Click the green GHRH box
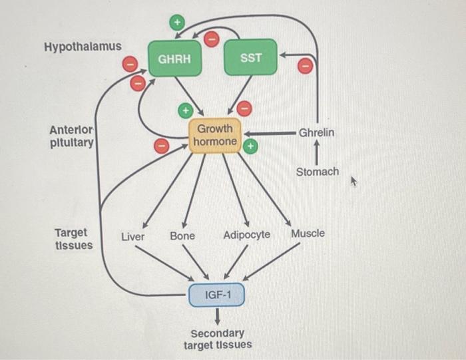(x=174, y=59)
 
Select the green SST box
(x=251, y=58)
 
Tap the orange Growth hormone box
(x=214, y=135)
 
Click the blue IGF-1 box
(x=217, y=295)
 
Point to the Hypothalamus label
(x=83, y=47)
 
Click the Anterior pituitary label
(x=72, y=136)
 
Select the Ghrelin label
(x=316, y=133)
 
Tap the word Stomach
(x=318, y=172)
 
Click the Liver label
(x=132, y=236)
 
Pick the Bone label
(x=182, y=236)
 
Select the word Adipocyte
(x=247, y=235)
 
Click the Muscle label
(x=308, y=234)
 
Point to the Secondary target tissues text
(x=218, y=339)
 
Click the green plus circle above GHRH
(x=176, y=23)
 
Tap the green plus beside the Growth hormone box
(x=250, y=145)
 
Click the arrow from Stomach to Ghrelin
(x=317, y=154)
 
